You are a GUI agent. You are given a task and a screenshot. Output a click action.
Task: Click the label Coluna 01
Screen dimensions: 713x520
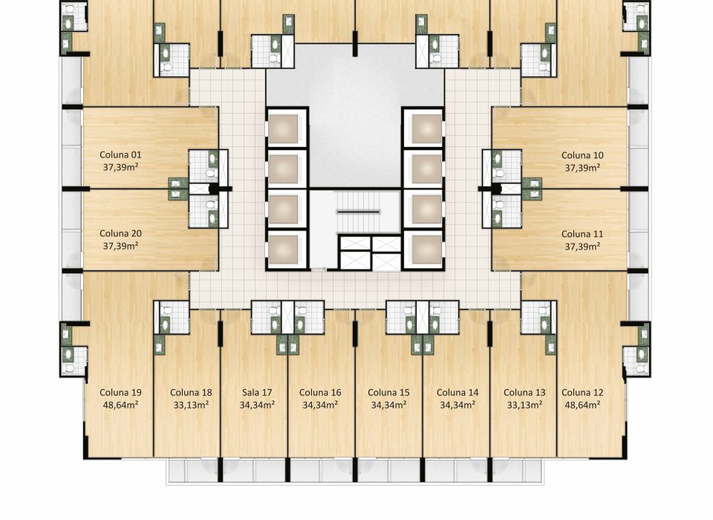120,155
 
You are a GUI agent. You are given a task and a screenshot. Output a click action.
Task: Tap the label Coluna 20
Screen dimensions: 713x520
120,233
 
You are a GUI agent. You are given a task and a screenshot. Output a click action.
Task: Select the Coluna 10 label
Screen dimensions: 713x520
582,155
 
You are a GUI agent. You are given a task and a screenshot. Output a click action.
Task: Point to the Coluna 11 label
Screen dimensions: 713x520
582,234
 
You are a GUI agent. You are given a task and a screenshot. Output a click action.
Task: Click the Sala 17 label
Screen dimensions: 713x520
257,392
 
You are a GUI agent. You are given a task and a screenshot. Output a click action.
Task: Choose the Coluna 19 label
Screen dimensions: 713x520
120,392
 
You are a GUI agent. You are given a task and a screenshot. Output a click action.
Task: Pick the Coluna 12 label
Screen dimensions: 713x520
582,392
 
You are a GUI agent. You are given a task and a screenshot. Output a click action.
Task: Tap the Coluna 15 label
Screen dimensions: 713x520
388,392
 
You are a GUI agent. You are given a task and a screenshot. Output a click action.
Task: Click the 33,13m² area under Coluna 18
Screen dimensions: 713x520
191,404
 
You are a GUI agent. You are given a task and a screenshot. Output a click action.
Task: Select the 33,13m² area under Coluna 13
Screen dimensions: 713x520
525,404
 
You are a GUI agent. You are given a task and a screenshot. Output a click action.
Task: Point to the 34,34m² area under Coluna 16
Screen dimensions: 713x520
320,404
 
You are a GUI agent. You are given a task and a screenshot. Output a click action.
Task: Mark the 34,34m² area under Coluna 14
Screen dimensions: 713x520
458,404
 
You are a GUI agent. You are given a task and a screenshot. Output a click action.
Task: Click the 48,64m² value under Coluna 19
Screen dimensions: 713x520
120,404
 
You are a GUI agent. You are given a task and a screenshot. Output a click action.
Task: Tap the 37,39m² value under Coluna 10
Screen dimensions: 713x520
582,167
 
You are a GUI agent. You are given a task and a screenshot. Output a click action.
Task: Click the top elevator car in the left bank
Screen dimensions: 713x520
283,129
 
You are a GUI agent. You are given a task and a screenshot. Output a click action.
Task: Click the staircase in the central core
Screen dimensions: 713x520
358,212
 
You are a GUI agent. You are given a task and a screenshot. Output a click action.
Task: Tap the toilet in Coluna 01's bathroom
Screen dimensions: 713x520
211,173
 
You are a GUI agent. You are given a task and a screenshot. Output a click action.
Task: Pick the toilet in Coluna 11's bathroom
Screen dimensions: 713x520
499,204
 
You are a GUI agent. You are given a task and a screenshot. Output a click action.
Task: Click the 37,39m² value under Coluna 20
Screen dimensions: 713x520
120,246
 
